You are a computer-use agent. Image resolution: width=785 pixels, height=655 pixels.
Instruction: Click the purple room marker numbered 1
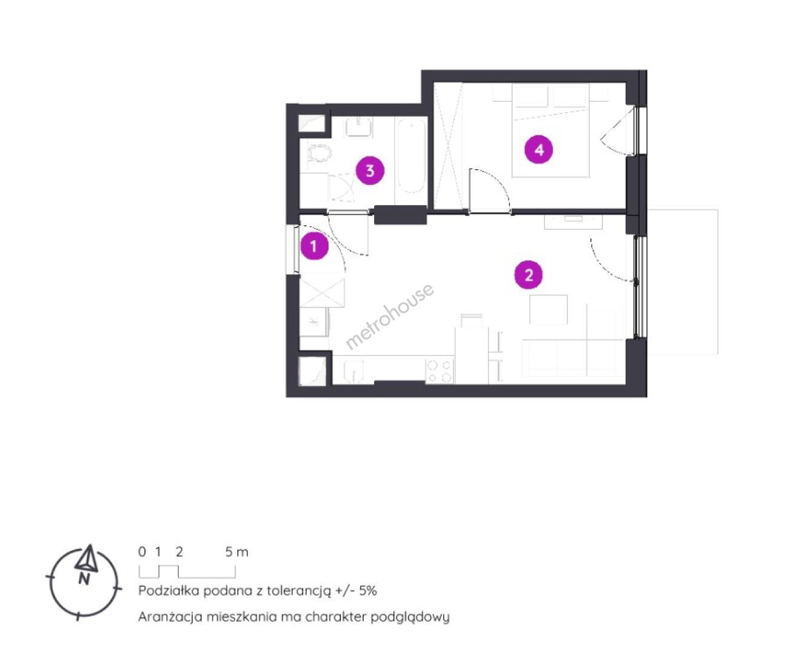pos(314,246)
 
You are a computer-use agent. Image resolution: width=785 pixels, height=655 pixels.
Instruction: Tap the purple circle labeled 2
pos(529,275)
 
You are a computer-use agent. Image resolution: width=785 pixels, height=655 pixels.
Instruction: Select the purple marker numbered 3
pos(370,171)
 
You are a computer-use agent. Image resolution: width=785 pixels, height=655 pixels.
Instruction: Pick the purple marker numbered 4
pos(539,150)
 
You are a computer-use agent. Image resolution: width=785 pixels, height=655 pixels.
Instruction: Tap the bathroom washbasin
pos(358,126)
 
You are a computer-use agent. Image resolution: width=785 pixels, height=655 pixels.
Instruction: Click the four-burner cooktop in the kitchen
pos(439,371)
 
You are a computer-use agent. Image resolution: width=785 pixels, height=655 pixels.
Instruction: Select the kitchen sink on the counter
pos(353,372)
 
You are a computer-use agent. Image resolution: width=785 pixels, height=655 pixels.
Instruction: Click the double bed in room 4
pos(550,130)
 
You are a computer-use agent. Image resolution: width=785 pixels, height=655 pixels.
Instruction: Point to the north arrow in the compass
pos(87,559)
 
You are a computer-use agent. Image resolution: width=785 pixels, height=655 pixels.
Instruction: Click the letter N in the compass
pos(84,579)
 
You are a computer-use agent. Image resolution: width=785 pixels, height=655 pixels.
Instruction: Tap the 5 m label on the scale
pos(236,552)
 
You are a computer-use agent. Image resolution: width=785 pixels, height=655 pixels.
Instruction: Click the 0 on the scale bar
pos(142,552)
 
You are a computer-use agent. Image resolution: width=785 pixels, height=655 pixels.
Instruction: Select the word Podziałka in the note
pos(169,590)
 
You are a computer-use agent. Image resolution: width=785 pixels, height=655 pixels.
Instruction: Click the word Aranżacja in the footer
pos(171,617)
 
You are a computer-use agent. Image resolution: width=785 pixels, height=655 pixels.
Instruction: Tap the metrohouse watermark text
pos(390,316)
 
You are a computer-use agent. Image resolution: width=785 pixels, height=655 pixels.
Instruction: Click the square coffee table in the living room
pos(548,310)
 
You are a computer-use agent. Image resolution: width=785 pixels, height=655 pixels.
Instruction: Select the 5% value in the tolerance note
pos(367,590)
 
